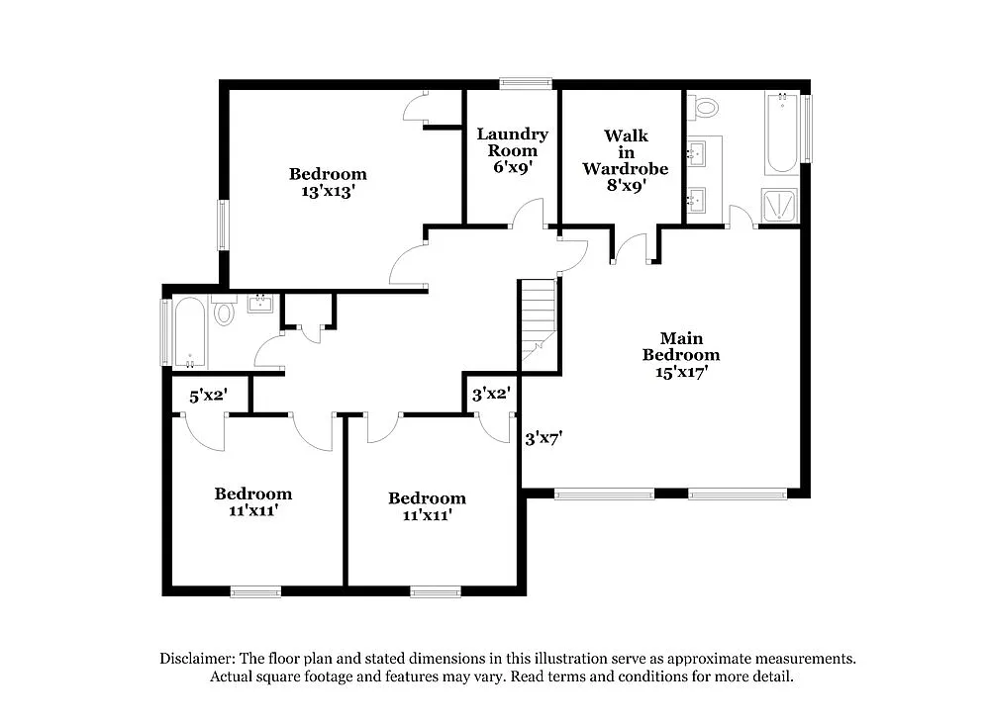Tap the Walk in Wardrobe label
625,160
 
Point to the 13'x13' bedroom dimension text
328,192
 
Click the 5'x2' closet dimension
209,396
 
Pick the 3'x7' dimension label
544,436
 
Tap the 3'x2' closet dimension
490,395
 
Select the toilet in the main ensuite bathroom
706,107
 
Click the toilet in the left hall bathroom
224,313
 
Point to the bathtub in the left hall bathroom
190,332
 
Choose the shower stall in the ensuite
780,206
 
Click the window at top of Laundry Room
526,84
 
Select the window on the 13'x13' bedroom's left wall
223,225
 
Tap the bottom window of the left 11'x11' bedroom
255,592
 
